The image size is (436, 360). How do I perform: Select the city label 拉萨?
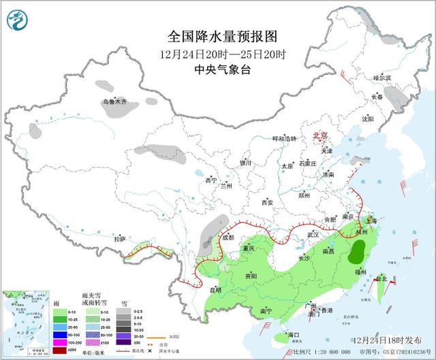120,239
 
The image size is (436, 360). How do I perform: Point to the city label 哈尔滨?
382,78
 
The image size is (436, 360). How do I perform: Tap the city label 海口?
294,336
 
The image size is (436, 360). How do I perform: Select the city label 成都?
228,238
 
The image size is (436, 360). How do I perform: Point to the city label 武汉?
314,233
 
